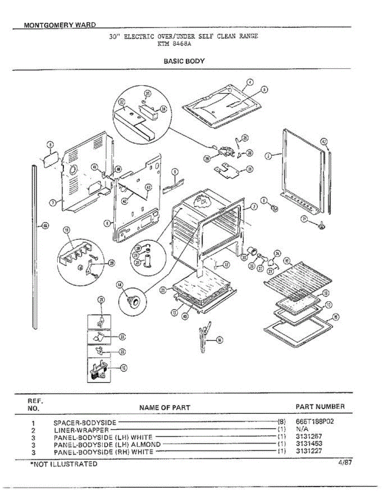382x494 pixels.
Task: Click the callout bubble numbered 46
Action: coord(45,225)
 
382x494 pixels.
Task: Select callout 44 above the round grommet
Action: coord(120,284)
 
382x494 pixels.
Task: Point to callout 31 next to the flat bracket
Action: coord(250,169)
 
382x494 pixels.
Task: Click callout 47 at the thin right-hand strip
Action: coord(324,141)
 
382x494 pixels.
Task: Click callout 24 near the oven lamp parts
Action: coord(277,254)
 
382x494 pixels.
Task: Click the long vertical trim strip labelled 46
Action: coord(35,247)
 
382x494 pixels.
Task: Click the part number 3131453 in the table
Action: coord(309,444)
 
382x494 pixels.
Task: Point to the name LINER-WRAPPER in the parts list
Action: coord(81,430)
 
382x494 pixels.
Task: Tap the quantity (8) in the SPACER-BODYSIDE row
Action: coord(281,422)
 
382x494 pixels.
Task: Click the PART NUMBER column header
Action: coord(320,407)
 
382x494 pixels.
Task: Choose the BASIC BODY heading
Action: coord(184,61)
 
